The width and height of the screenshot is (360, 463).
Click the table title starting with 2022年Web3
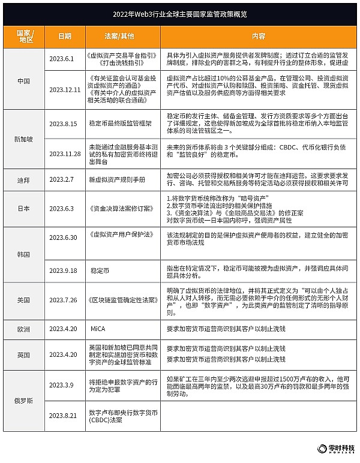(181, 13)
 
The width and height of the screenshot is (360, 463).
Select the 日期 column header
(64, 36)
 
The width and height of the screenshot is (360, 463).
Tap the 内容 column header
(259, 36)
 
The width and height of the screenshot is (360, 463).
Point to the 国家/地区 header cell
(23, 36)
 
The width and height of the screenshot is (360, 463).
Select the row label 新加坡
(23, 139)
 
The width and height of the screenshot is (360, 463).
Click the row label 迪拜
(23, 179)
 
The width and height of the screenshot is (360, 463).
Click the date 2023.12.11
(64, 89)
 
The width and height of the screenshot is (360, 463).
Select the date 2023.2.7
(64, 179)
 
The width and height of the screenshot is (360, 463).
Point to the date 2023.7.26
(64, 300)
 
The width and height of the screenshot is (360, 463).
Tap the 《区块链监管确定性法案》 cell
(124, 300)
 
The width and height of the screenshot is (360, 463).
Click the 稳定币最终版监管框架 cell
(124, 124)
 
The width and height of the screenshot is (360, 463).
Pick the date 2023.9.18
(64, 270)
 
